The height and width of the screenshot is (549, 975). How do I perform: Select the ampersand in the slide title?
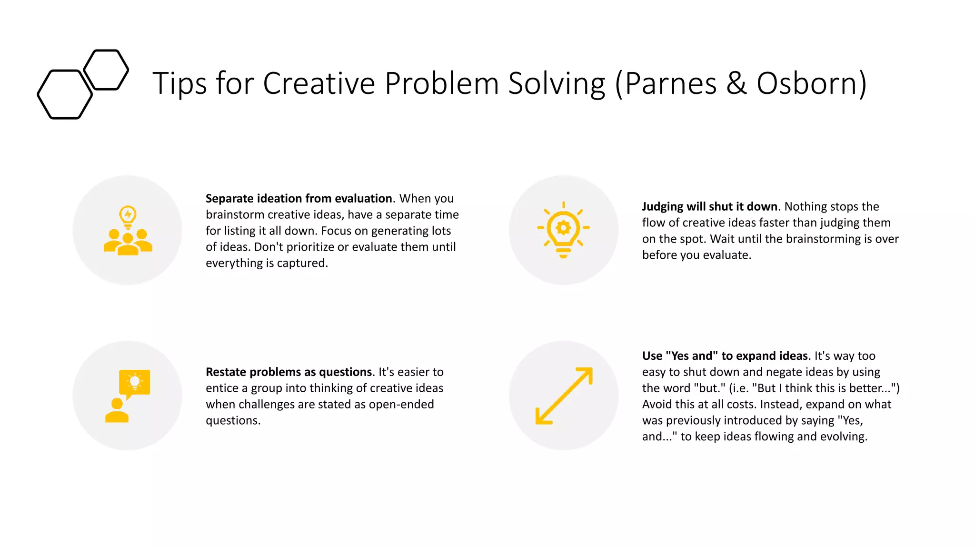click(x=736, y=84)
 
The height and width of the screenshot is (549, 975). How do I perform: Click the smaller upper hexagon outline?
click(x=106, y=70)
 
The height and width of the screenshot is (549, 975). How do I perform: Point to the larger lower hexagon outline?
click(x=65, y=94)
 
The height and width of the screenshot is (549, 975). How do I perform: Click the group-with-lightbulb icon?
click(x=128, y=230)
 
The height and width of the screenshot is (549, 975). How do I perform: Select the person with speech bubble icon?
click(x=128, y=396)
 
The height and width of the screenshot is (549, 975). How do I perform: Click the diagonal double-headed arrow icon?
click(x=564, y=396)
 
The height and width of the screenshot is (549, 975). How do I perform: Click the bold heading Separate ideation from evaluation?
click(x=298, y=199)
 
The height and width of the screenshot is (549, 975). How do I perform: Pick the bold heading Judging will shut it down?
click(x=709, y=207)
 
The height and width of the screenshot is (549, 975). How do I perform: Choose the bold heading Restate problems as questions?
click(x=289, y=372)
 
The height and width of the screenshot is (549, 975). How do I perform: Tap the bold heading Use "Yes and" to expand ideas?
click(x=725, y=356)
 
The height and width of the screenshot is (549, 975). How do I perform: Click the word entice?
click(x=222, y=388)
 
